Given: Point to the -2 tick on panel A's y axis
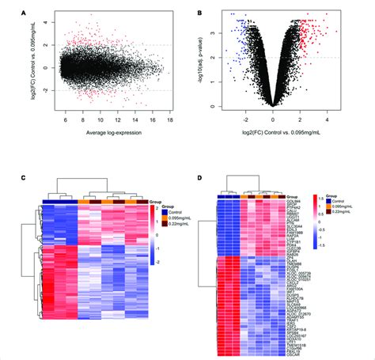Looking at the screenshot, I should pos(40,91).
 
